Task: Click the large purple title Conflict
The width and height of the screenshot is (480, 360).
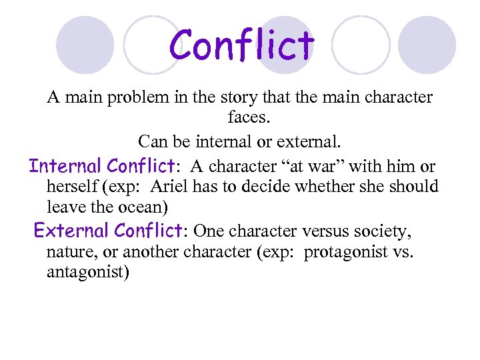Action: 241,45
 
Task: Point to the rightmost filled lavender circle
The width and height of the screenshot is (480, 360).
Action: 427,45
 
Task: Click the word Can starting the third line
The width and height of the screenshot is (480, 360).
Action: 153,142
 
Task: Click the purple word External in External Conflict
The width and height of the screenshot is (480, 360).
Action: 71,231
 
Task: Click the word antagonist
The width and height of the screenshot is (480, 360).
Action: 87,273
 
